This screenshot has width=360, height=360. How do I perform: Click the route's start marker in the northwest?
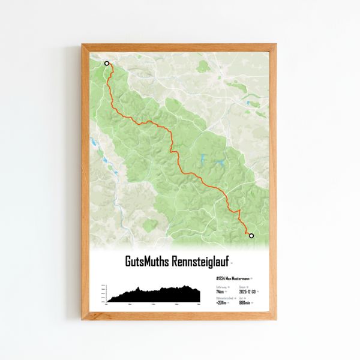point(107,63)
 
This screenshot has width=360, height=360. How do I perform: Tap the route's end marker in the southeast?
point(251,236)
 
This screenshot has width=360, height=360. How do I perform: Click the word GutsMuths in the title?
point(148,262)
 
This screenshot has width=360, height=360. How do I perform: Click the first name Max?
point(229,278)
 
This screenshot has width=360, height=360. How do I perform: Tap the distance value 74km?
point(221,291)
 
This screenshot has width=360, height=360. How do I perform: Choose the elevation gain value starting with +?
point(221,303)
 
